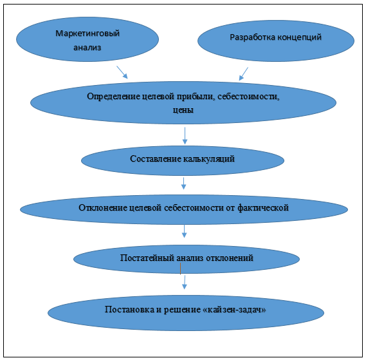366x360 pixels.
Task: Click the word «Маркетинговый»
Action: point(87,33)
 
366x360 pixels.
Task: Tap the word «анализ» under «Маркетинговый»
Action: point(87,48)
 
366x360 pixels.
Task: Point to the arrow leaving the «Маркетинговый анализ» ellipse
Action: point(122,72)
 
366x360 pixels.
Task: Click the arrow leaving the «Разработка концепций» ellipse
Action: point(243,74)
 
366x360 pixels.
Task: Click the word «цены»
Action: point(183,110)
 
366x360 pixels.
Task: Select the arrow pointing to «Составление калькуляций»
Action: point(185,136)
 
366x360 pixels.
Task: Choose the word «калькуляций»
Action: point(209,158)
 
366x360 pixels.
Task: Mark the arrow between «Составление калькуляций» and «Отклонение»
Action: point(184,184)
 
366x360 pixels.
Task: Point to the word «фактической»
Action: point(263,207)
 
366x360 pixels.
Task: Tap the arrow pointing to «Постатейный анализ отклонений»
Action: point(184,231)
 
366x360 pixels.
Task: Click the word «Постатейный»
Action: point(147,258)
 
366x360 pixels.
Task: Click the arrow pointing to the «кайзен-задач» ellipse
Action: point(185,282)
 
